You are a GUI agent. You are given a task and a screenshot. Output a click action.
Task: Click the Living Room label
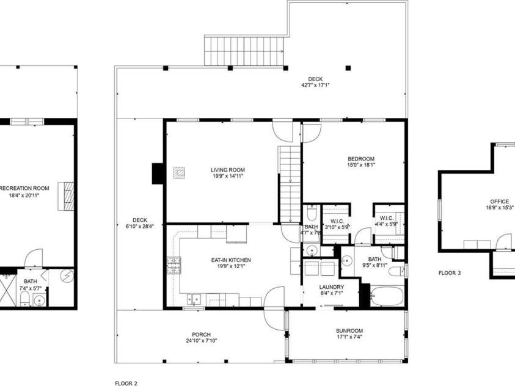pyautogui.click(x=228, y=170)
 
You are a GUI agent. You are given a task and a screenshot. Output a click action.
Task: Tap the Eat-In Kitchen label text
pyautogui.click(x=231, y=260)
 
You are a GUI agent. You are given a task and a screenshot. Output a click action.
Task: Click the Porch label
pyautogui.click(x=201, y=334)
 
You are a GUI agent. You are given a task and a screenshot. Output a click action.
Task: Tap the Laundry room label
pyautogui.click(x=332, y=286)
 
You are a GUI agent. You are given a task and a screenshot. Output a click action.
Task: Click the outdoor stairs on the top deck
pyautogui.click(x=244, y=49)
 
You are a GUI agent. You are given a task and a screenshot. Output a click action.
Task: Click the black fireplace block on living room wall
pyautogui.click(x=158, y=173)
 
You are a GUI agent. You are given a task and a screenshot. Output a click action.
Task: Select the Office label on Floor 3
pyautogui.click(x=499, y=201)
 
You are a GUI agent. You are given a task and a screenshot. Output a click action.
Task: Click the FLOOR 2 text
pyautogui.click(x=126, y=383)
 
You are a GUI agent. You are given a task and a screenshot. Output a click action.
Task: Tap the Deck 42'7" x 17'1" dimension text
pyautogui.click(x=315, y=86)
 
